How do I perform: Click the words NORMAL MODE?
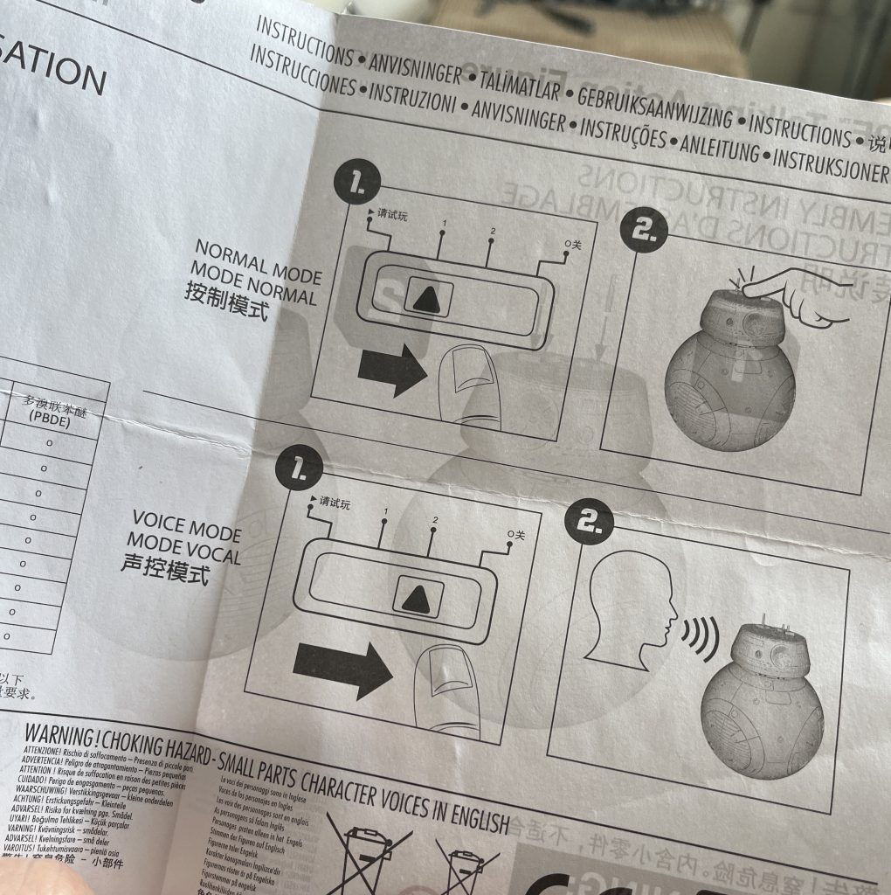258,262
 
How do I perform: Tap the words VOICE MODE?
186,528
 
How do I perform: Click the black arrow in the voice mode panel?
342,669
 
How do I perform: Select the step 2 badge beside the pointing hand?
643,231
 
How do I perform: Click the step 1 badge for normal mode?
356,184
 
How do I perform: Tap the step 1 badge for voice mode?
298,472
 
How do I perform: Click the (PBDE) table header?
52,418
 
